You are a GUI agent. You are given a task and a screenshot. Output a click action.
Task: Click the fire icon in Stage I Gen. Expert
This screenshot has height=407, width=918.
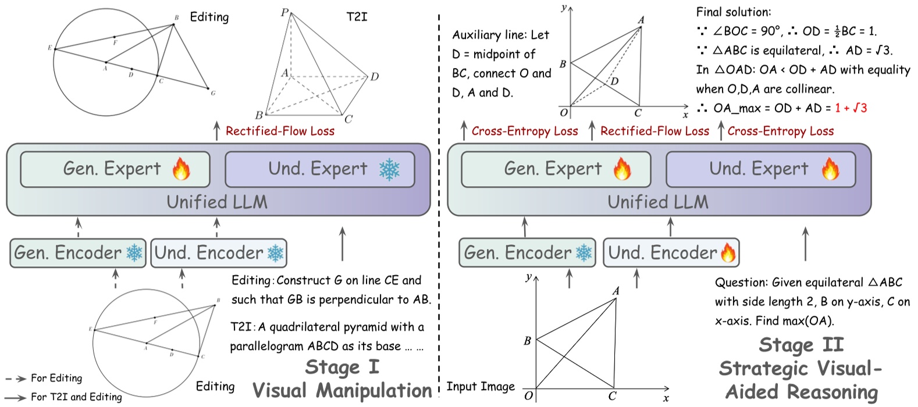tap(181, 169)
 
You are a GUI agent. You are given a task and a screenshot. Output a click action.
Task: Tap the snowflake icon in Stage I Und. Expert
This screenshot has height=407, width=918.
tap(389, 169)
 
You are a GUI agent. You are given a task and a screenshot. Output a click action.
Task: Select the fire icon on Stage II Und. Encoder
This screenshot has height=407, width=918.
tap(728, 253)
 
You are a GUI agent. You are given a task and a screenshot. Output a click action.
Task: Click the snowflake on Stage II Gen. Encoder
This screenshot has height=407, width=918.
tap(583, 253)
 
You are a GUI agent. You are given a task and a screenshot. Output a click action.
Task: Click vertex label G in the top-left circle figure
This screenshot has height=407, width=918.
tap(213, 93)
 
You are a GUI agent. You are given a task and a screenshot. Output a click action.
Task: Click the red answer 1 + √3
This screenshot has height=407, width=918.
tap(851, 108)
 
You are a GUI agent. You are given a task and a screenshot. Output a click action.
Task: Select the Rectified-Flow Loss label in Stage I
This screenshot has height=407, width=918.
tap(280, 131)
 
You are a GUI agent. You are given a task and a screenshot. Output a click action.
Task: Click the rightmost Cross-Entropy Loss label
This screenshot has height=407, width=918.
tap(780, 131)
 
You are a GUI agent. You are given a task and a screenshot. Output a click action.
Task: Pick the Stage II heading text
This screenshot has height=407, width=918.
tap(800, 345)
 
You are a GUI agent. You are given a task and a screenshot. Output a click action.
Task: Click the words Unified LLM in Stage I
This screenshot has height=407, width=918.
tap(217, 202)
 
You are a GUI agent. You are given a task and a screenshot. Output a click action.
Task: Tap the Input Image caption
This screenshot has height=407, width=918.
tap(480, 387)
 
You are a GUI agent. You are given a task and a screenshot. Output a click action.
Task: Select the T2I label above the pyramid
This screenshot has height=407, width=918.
tap(357, 17)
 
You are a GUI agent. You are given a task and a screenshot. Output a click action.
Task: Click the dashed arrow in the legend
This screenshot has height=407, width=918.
tap(16, 379)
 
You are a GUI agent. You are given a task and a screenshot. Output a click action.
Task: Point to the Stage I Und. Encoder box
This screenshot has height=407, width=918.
tap(218, 253)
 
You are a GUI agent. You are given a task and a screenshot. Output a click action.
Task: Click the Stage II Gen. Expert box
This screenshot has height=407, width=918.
tap(555, 169)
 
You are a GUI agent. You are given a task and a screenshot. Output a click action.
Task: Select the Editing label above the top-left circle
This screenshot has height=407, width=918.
tap(209, 17)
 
